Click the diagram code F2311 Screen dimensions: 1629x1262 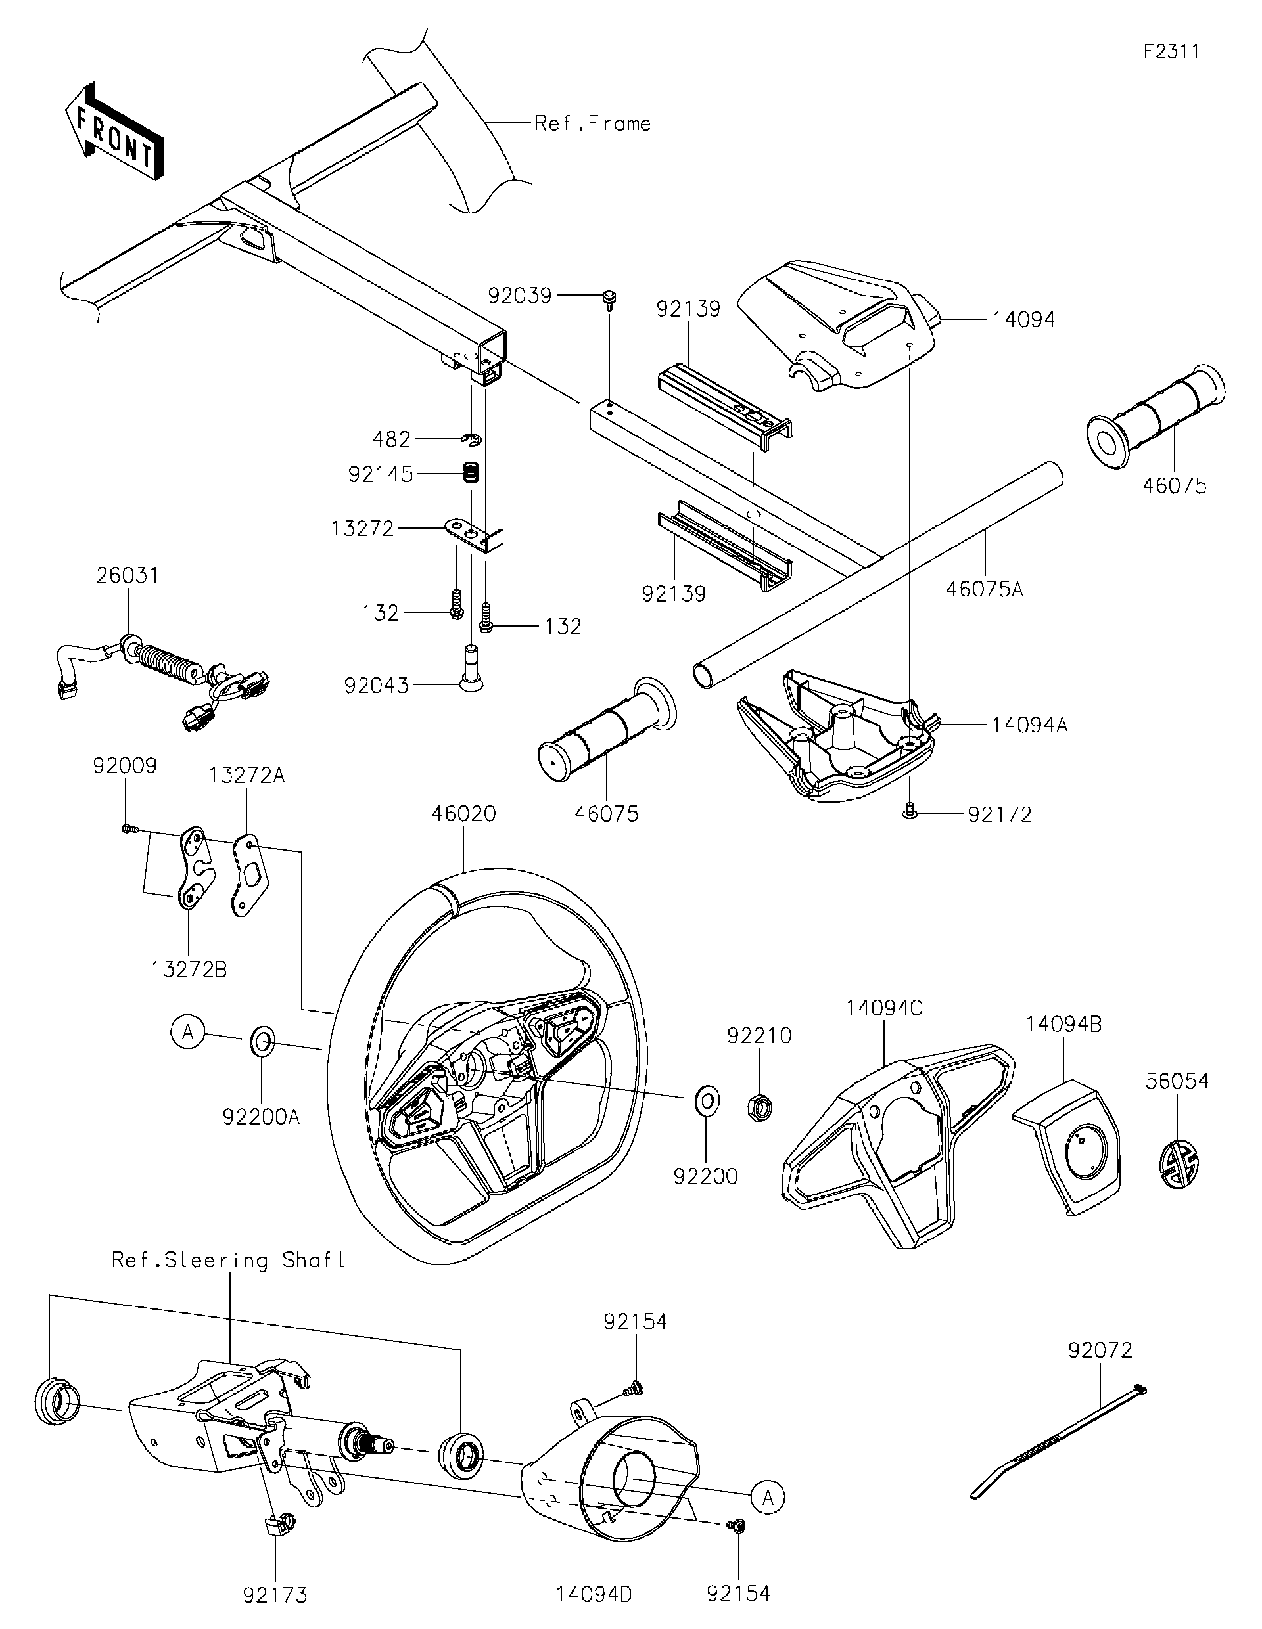(1172, 51)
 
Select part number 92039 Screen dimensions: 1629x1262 (519, 296)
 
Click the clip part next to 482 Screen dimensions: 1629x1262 (472, 439)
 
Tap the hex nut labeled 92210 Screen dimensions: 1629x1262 (760, 1106)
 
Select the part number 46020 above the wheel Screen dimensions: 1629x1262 (463, 814)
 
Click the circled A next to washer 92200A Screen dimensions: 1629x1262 (188, 1033)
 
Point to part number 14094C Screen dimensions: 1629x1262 (884, 1008)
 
